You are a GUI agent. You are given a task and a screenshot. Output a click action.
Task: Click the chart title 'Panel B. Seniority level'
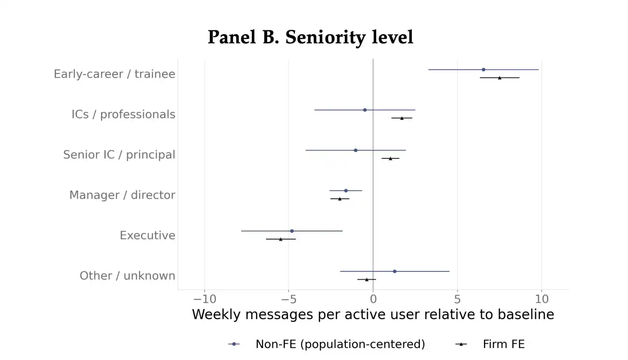coord(310,37)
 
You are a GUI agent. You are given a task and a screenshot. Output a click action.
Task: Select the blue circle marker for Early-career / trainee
coord(484,69)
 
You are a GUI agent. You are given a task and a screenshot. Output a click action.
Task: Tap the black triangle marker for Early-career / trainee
coord(499,77)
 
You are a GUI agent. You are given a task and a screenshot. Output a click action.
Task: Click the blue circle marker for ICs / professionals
coord(365,110)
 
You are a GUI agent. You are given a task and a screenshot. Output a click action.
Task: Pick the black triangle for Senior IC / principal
coord(390,158)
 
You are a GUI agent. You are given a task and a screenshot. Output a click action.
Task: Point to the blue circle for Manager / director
coord(346,191)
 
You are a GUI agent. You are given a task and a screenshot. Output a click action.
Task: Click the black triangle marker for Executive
coord(281,239)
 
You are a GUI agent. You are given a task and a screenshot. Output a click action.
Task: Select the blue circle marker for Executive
coord(292,231)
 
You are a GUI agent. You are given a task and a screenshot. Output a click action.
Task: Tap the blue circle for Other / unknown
coord(394,271)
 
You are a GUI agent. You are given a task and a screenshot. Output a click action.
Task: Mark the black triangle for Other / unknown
coord(366,279)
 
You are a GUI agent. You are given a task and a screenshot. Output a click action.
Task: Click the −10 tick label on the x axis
coord(205,299)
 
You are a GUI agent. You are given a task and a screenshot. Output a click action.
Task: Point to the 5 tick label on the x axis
coord(457,299)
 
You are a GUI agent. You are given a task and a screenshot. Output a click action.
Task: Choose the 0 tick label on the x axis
coord(373,299)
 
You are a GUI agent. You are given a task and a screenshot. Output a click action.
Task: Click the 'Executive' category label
coord(147,235)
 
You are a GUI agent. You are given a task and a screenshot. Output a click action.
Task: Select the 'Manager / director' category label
coord(122,195)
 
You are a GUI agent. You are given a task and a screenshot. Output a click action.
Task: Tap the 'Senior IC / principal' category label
coord(119,154)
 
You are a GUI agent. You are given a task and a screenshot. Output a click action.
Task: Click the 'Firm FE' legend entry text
coord(504,344)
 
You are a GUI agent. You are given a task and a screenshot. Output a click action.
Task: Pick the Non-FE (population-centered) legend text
coord(340,344)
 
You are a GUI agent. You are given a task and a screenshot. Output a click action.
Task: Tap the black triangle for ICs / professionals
coord(402,118)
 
